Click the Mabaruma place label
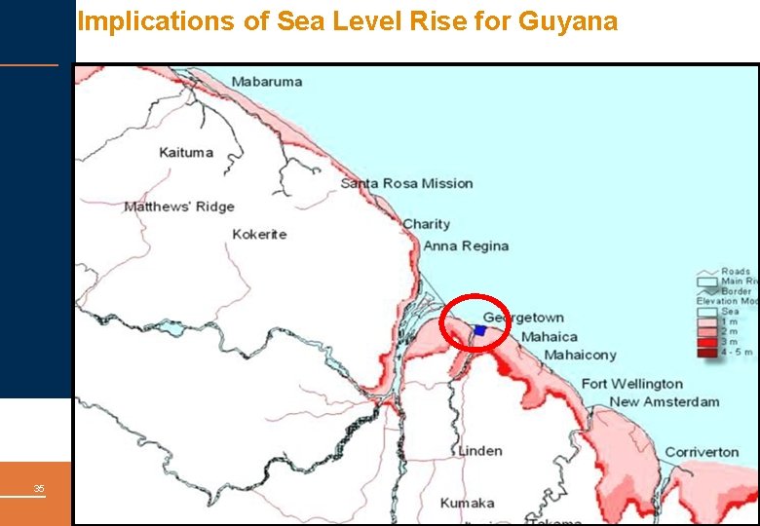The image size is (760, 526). [267, 82]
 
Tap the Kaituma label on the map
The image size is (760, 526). [186, 153]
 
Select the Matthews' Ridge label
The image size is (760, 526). [179, 207]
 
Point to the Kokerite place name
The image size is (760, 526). [259, 235]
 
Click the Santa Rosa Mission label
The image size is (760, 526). [406, 183]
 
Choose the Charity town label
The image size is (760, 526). [427, 224]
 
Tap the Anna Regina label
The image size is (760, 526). [466, 246]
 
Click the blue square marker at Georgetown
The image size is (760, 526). [479, 331]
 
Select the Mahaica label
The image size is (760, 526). [549, 337]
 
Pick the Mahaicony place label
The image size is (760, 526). [580, 356]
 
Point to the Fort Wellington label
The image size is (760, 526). [632, 384]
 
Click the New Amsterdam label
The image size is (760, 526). [665, 401]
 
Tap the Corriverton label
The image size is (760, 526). [702, 452]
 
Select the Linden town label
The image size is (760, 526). [479, 451]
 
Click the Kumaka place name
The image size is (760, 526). [467, 504]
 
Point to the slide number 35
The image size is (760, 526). [39, 488]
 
